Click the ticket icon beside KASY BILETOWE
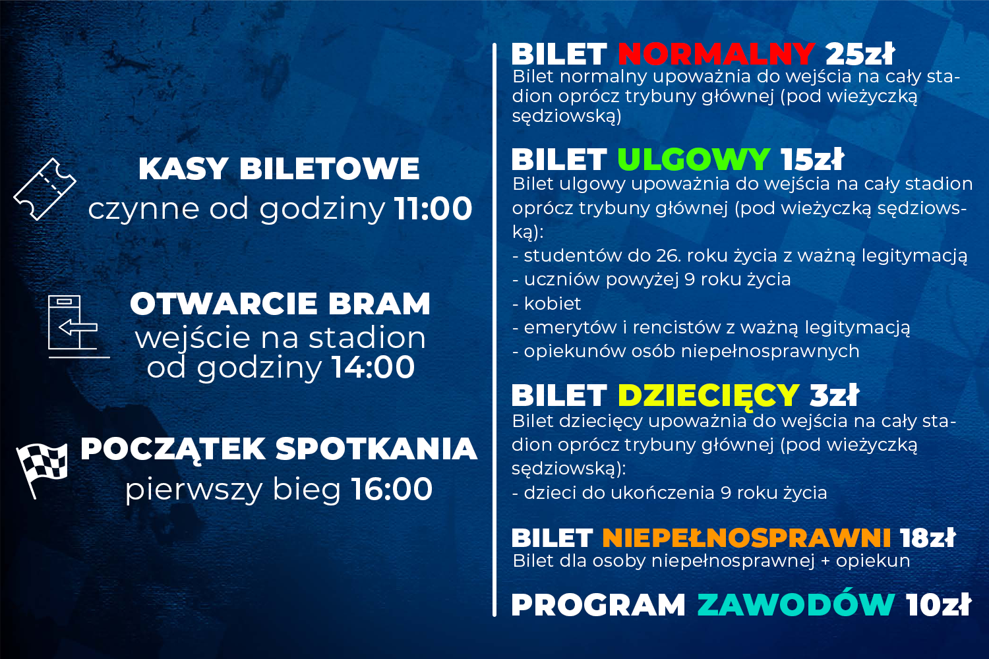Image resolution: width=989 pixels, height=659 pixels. pyautogui.click(x=45, y=189)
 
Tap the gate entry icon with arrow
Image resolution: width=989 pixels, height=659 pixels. pyautogui.click(x=78, y=327)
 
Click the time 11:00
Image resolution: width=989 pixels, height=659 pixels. pyautogui.click(x=433, y=209)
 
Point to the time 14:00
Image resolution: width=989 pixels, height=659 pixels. pyautogui.click(x=374, y=367)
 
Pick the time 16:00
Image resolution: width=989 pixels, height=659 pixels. pyautogui.click(x=392, y=489)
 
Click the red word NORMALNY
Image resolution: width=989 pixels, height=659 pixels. pyautogui.click(x=716, y=54)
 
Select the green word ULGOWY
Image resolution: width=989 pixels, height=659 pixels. pyautogui.click(x=694, y=159)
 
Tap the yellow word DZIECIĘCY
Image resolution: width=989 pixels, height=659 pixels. pyautogui.click(x=708, y=395)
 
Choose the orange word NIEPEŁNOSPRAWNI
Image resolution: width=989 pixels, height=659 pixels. pyautogui.click(x=746, y=538)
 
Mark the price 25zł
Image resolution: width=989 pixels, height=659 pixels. pyautogui.click(x=860, y=54)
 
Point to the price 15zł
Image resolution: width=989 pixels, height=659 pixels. pyautogui.click(x=812, y=159)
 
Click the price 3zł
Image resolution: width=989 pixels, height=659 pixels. pyautogui.click(x=835, y=395)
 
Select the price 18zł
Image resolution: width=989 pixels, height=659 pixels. pyautogui.click(x=928, y=538)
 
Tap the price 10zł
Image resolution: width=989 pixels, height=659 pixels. pyautogui.click(x=938, y=604)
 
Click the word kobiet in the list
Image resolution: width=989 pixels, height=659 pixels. pyautogui.click(x=553, y=304)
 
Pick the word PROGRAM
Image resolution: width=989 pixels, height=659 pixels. pyautogui.click(x=599, y=604)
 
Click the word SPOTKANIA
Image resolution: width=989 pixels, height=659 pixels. pyautogui.click(x=376, y=449)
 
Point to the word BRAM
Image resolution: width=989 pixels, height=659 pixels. pyautogui.click(x=379, y=304)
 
